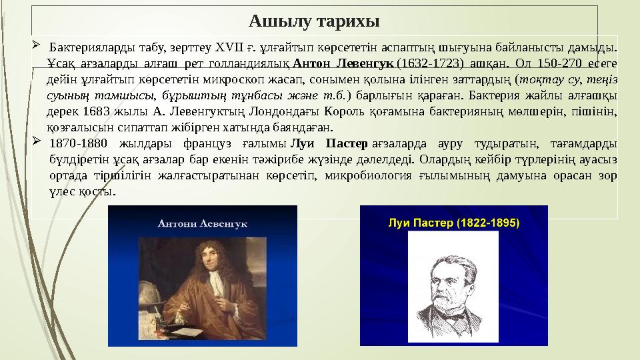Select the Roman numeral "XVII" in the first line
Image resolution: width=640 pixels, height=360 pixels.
pos(229,47)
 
